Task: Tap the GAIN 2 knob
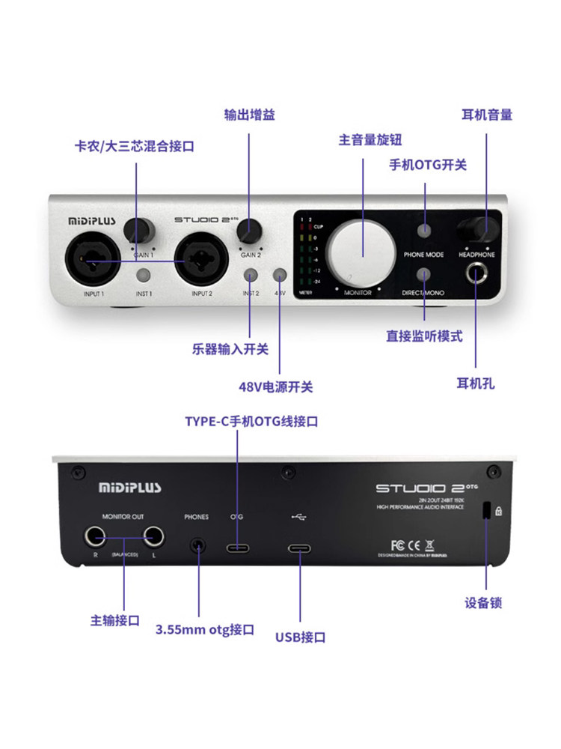point(251,229)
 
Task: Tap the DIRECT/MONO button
point(424,275)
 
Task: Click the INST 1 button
point(144,276)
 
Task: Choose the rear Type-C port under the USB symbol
point(300,548)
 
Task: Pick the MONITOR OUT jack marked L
point(154,537)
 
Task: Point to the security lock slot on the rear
point(485,512)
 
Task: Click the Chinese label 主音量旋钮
point(370,140)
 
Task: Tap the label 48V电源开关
point(275,387)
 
